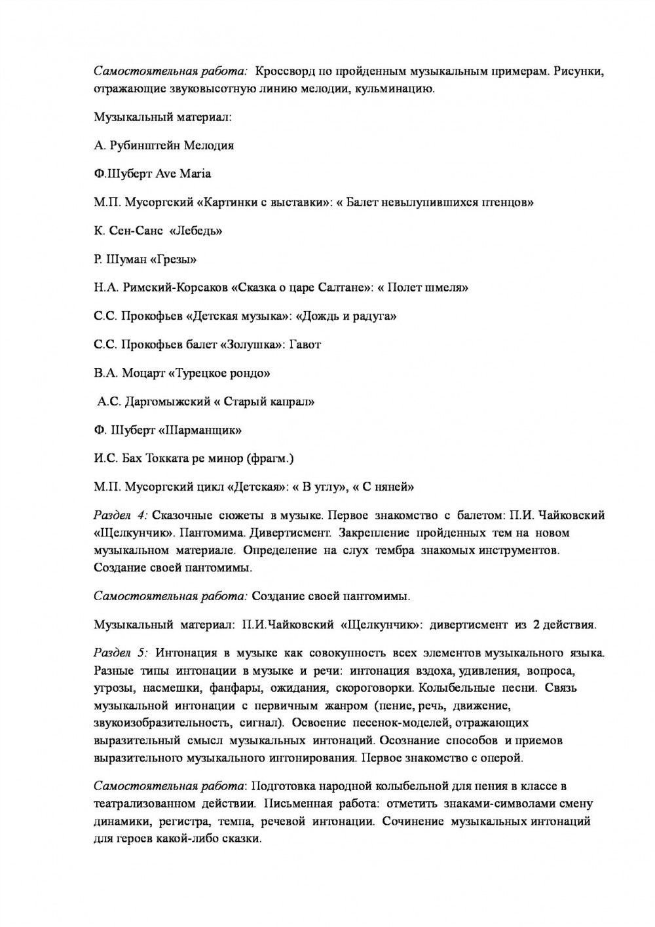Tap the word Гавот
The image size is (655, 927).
tap(305, 345)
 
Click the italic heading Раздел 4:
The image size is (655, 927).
tap(121, 516)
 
